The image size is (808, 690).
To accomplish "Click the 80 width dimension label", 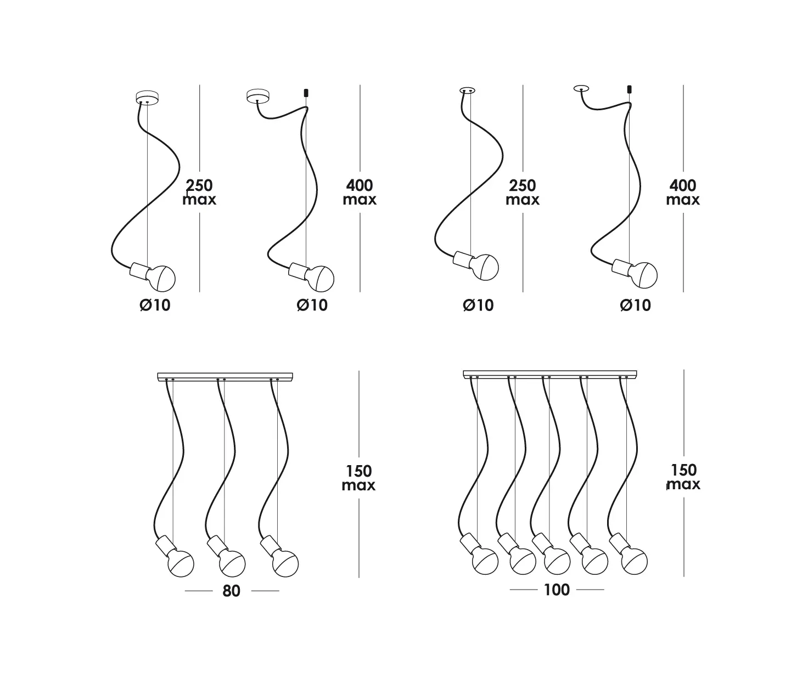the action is click(231, 591).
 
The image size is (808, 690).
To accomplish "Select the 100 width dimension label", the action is click(557, 590).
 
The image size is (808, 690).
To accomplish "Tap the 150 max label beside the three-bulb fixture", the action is click(358, 478).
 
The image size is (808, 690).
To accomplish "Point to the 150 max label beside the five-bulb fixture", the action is click(684, 477).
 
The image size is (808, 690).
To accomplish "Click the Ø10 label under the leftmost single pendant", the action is click(155, 305).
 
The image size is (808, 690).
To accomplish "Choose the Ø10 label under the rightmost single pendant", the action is click(636, 305).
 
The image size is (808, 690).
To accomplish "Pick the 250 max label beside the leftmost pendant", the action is click(199, 192).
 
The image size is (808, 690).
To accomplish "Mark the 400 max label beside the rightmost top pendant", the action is click(683, 192).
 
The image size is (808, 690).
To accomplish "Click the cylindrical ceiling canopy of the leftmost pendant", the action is click(147, 97).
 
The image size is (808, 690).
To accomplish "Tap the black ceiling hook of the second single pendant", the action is click(306, 93).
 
